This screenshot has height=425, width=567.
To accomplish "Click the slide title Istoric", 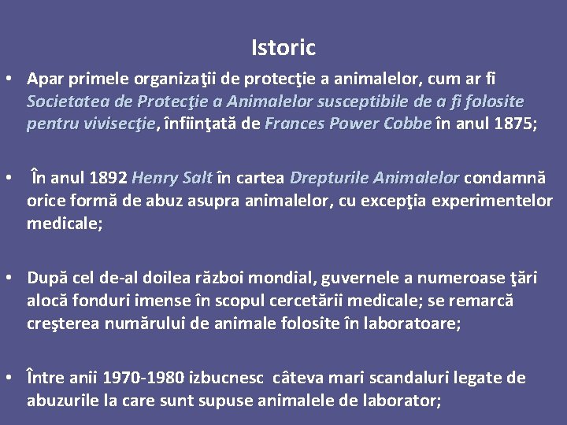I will click(x=283, y=48).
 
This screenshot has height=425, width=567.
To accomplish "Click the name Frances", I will click(x=295, y=124).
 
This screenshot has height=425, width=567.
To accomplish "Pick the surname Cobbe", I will click(x=406, y=124).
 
